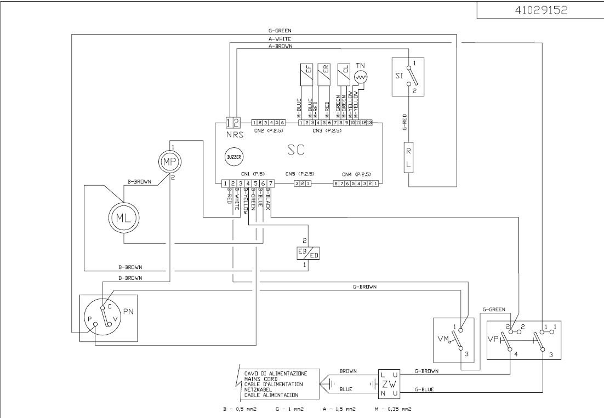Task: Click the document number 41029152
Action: [x=540, y=10]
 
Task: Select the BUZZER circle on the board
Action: [x=233, y=158]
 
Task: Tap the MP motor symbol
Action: [x=169, y=161]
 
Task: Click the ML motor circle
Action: [x=123, y=217]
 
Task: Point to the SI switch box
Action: [x=409, y=77]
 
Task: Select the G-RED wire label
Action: [x=404, y=122]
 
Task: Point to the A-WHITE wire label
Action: [x=280, y=39]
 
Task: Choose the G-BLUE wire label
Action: [x=424, y=390]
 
